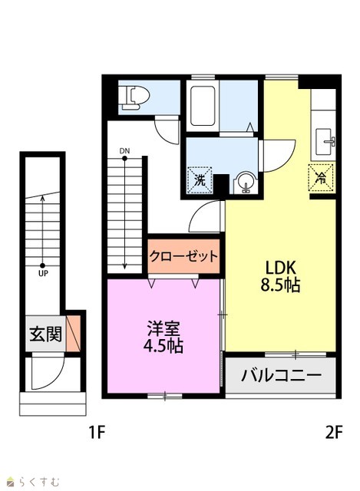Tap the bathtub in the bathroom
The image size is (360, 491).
203,106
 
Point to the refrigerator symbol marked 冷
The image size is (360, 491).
321,177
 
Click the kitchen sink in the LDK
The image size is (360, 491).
325,141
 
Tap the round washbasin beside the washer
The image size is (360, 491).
246,183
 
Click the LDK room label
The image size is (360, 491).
280,268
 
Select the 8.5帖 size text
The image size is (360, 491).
280,285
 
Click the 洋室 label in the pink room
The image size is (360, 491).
163,328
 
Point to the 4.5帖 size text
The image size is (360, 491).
163,346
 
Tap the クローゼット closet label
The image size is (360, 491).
183,256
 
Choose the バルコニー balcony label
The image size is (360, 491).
281,375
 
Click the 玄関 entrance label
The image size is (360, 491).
46,334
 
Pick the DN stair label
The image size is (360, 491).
124,151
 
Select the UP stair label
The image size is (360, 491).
43,273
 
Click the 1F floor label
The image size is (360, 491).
97,433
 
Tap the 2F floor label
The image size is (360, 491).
334,433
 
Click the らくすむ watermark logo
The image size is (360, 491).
34,481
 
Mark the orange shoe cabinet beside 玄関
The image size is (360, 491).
74,333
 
